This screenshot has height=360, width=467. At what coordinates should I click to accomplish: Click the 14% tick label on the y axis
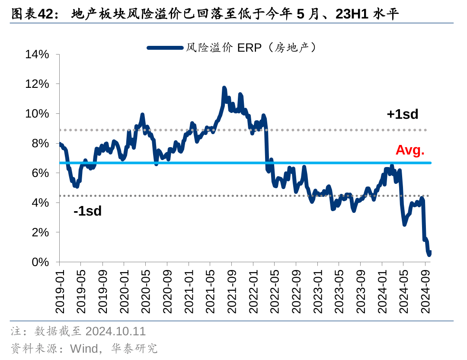(x=37, y=54)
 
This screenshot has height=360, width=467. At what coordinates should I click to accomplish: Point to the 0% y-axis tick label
(x=40, y=262)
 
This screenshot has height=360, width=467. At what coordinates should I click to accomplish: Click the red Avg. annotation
(x=410, y=150)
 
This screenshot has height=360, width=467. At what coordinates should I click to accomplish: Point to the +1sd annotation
(x=403, y=114)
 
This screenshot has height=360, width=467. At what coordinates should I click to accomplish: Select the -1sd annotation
(x=87, y=211)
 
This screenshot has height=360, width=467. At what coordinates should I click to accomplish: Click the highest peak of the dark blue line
(x=224, y=88)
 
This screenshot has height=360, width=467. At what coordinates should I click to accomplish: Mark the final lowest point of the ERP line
(x=429, y=255)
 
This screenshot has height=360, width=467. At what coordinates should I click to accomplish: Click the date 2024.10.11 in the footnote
(x=115, y=331)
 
